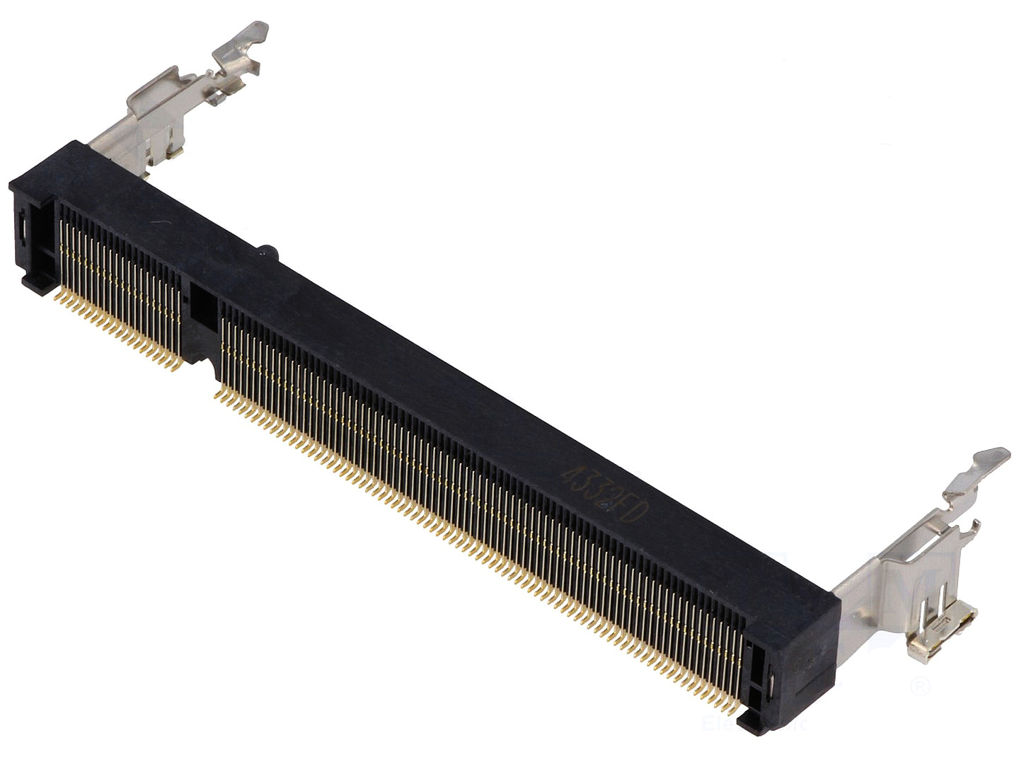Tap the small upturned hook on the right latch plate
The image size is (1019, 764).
(975, 527)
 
